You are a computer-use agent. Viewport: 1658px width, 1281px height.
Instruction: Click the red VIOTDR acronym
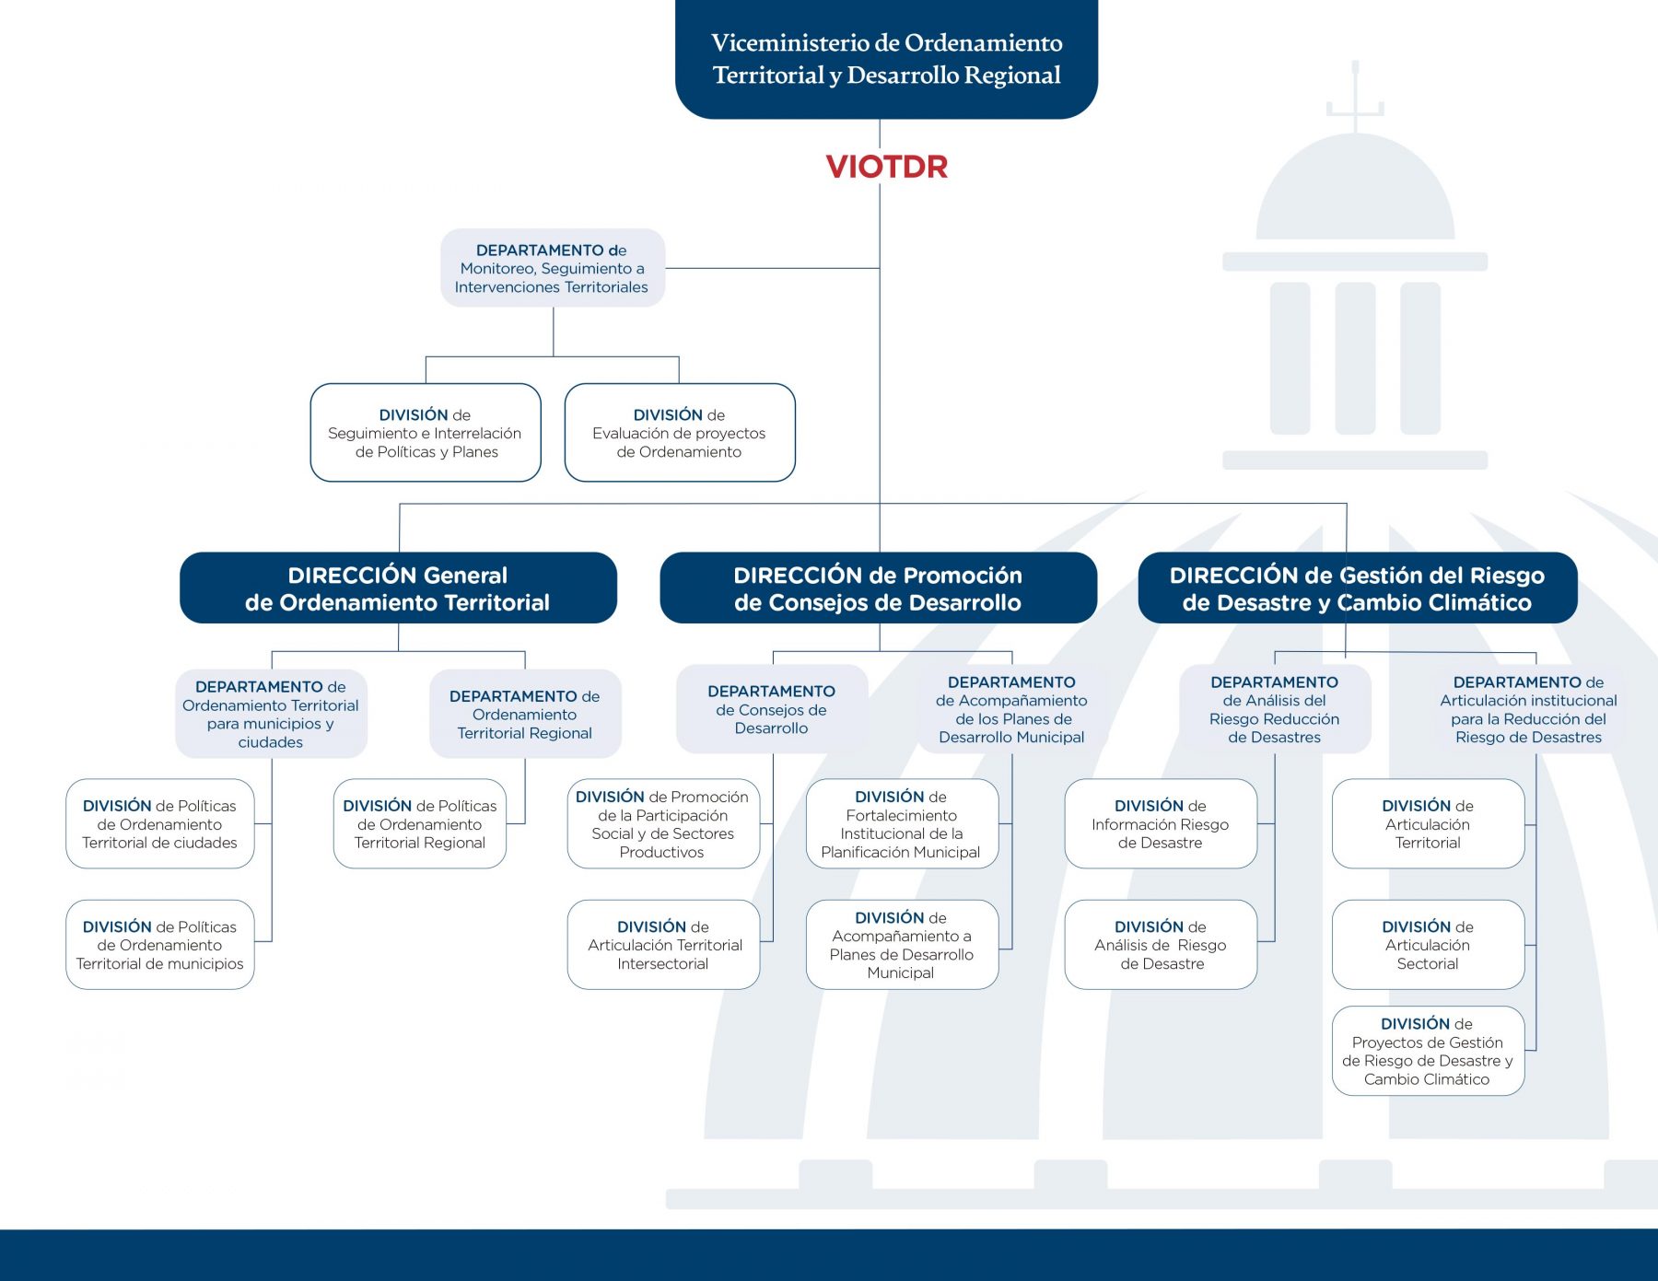point(886,167)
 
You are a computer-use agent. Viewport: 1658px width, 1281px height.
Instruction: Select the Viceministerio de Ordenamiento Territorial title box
point(886,59)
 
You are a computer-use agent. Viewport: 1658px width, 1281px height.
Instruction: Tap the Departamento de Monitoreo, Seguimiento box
point(552,268)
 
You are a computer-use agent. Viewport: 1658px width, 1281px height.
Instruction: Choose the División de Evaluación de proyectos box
point(679,433)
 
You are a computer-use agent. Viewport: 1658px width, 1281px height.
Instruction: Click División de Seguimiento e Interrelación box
point(425,433)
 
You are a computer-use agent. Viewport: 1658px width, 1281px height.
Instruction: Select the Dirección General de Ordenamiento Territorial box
point(398,588)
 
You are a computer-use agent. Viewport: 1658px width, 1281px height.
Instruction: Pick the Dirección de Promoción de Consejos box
point(878,588)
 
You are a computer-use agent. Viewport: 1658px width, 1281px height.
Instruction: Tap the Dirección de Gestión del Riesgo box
point(1357,588)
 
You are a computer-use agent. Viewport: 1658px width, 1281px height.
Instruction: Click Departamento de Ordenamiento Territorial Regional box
point(525,715)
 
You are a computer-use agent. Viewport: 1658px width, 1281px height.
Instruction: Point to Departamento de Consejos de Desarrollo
point(772,709)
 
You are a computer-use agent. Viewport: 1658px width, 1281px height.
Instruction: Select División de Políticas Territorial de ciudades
point(159,824)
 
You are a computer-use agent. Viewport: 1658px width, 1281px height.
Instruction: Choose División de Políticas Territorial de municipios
point(159,945)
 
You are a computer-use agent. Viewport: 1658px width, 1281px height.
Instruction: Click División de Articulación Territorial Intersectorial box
point(663,945)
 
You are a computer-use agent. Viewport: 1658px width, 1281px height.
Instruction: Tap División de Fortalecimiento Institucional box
point(902,824)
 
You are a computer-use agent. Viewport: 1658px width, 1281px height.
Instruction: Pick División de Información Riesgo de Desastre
point(1161,824)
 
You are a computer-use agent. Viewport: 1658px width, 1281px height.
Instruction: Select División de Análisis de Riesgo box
point(1161,945)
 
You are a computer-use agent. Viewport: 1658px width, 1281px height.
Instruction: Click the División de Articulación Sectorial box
point(1428,945)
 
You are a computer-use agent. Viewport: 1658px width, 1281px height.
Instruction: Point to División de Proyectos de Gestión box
point(1428,1051)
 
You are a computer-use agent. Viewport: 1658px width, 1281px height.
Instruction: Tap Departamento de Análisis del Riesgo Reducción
point(1275,709)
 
